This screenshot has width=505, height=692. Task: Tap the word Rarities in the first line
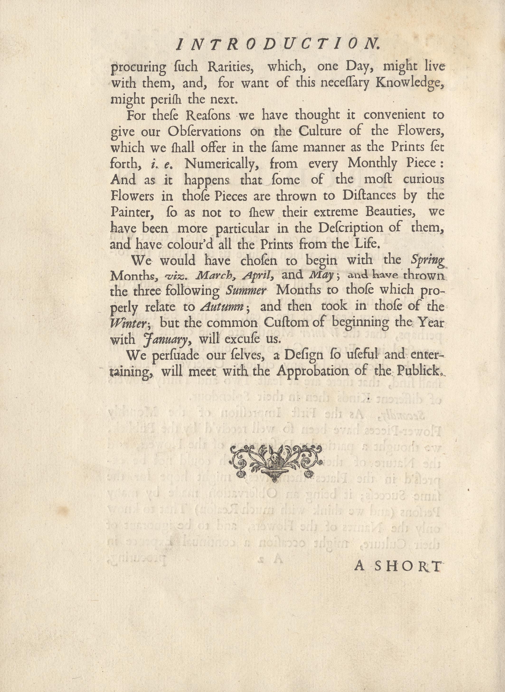coord(231,67)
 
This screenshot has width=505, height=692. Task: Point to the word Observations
coord(204,132)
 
